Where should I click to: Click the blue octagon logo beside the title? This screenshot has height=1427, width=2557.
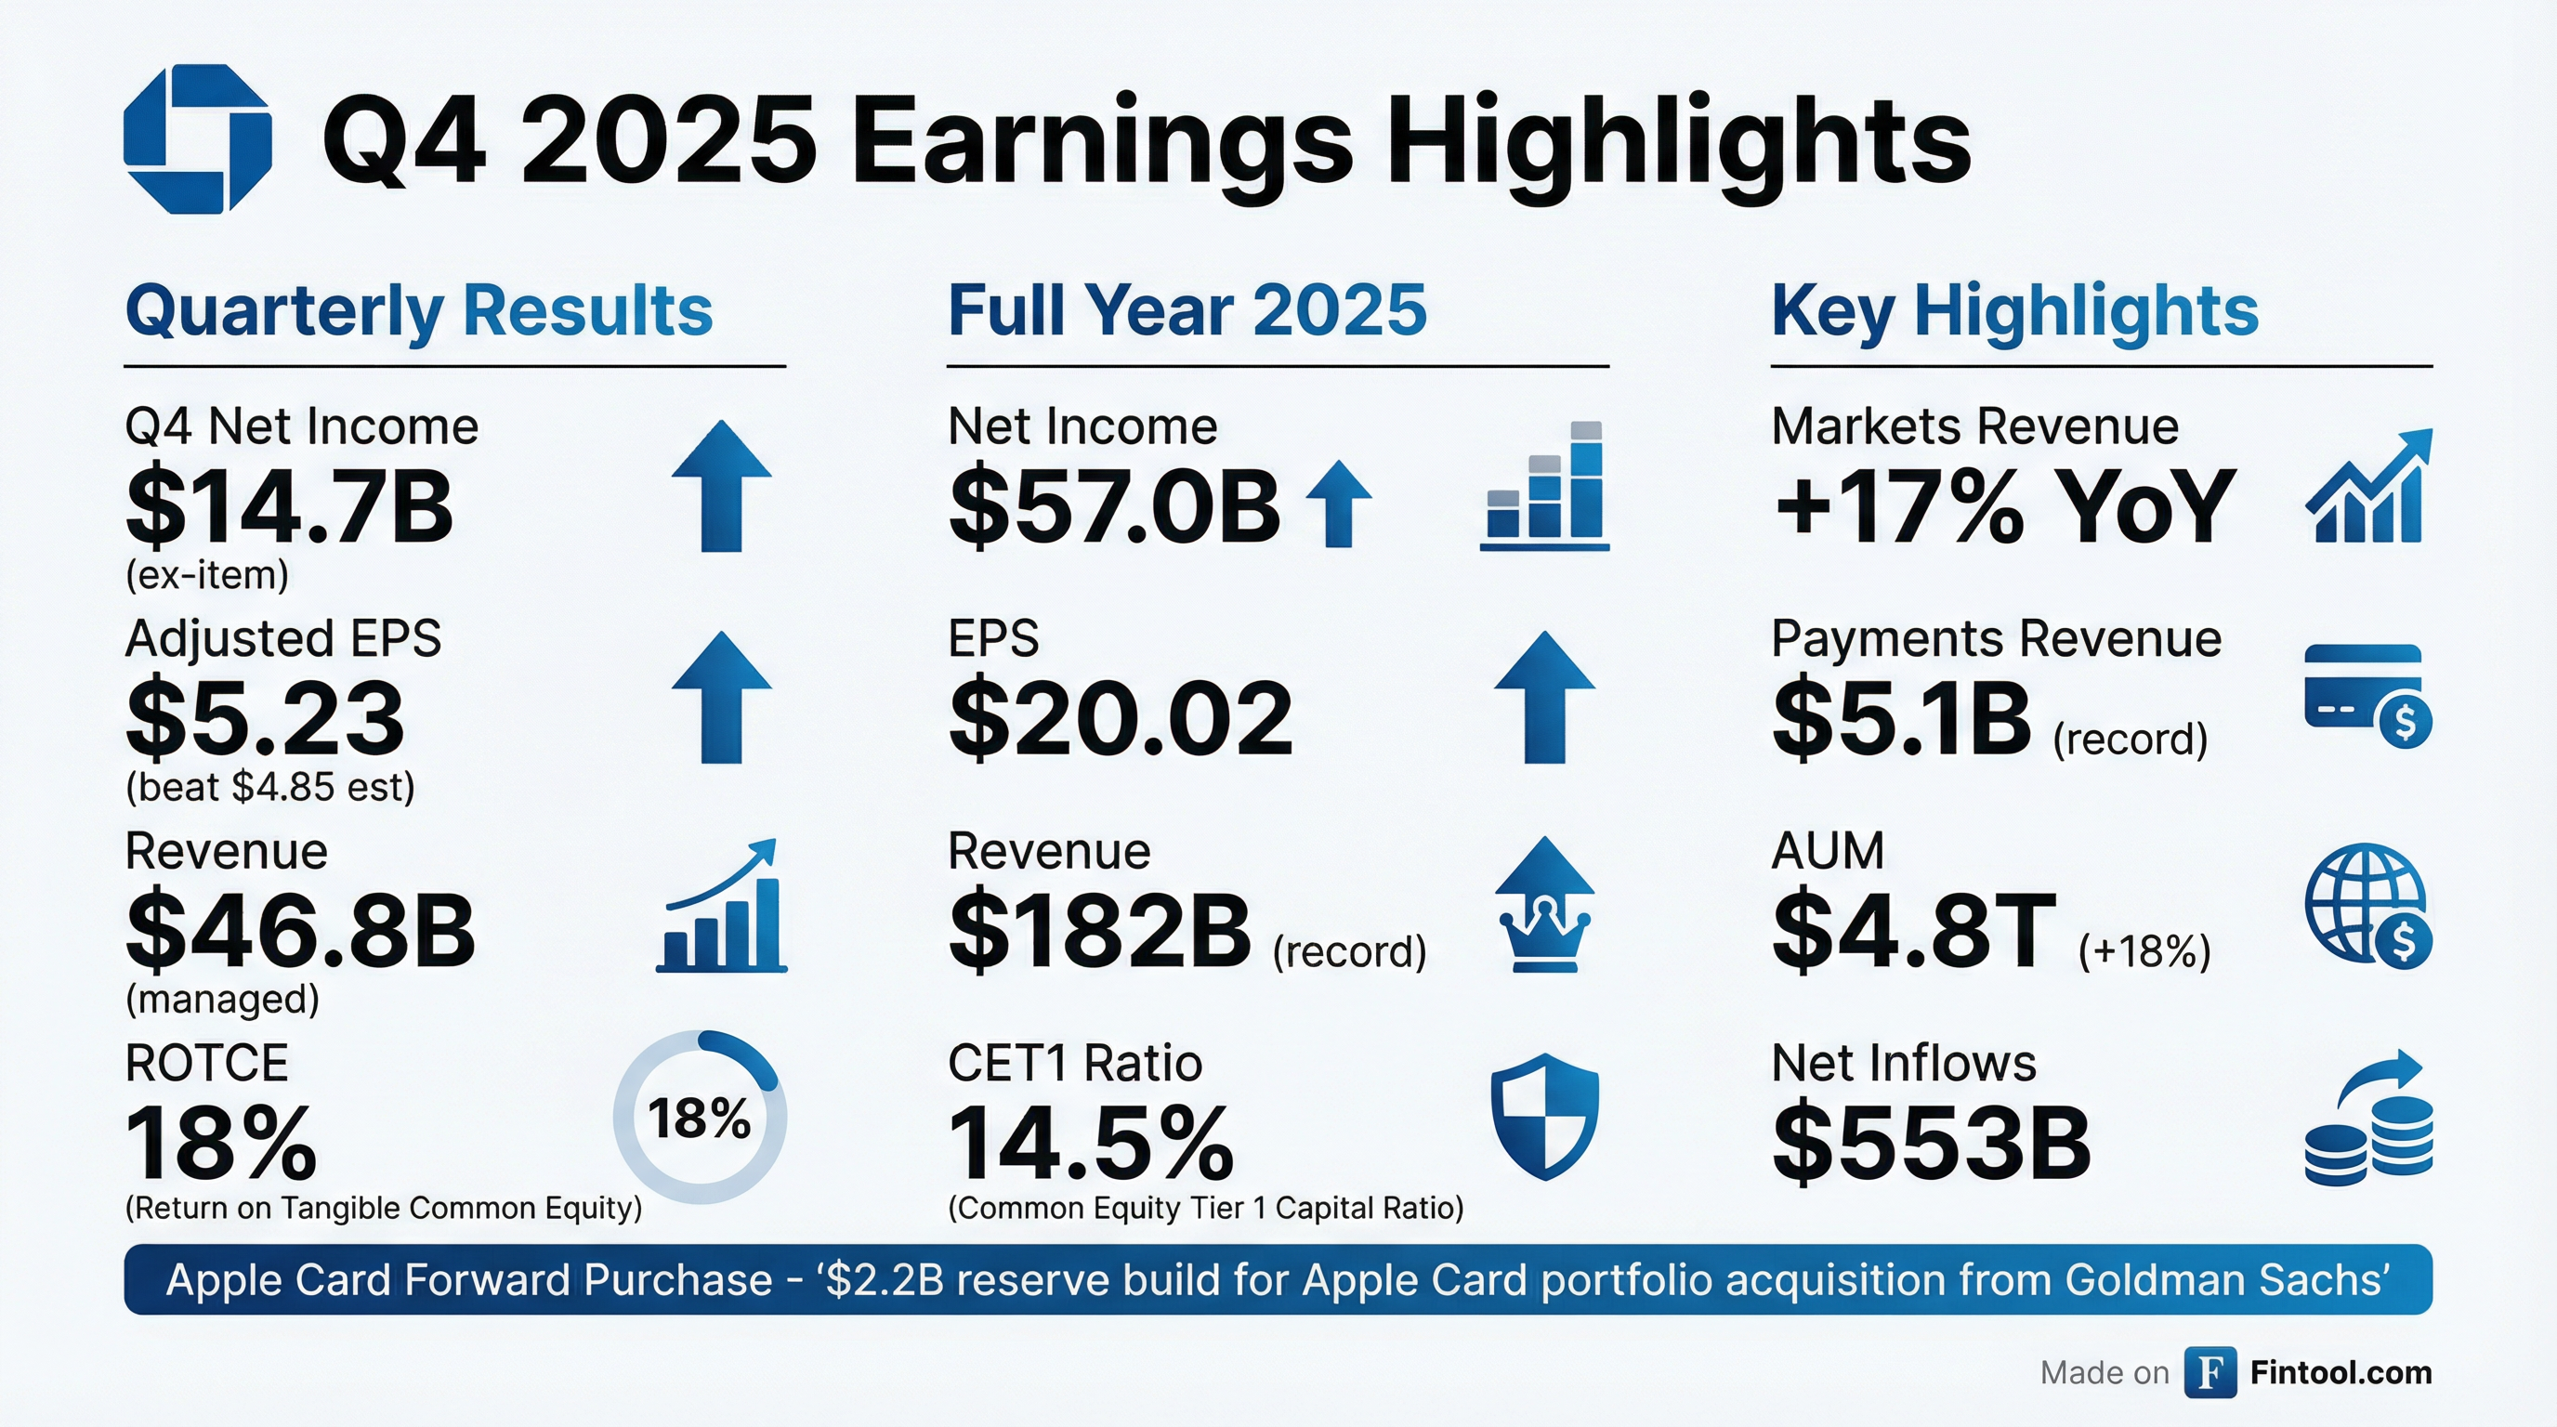198,139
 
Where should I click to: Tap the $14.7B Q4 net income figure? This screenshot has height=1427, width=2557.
289,508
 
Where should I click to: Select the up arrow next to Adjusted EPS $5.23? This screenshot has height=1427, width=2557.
722,697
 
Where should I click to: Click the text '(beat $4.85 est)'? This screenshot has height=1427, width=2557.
270,788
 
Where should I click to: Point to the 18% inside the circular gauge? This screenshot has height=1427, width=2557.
699,1119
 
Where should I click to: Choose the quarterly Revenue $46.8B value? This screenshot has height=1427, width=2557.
300,932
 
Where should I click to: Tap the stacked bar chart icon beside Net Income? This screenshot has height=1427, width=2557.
1544,486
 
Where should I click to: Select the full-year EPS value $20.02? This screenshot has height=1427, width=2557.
1120,717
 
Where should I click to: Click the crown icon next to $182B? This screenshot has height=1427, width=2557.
1544,905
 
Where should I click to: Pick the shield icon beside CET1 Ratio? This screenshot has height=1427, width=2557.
1544,1117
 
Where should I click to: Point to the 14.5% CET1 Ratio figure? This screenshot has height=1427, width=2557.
1090,1144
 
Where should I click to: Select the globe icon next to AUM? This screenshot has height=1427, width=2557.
2367,905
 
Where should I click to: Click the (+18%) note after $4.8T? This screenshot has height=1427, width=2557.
2144,951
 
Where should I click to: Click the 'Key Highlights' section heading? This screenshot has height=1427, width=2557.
2014,311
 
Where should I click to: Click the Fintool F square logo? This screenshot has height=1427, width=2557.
2210,1372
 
